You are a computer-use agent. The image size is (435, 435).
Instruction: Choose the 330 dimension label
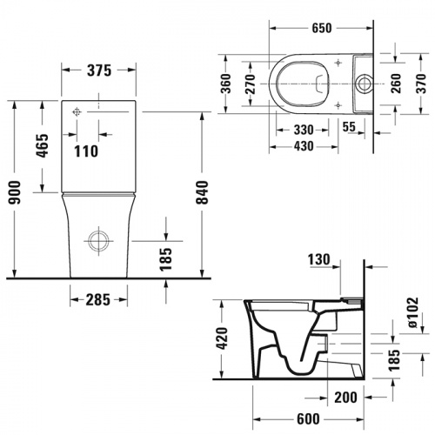tap(304, 129)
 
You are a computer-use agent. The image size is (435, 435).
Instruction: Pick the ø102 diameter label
tap(413, 313)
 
